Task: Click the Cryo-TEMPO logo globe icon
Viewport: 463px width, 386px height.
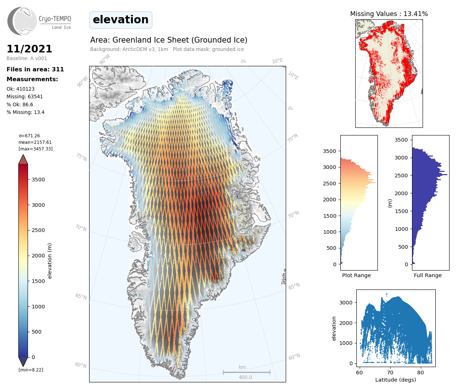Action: pyautogui.click(x=22, y=21)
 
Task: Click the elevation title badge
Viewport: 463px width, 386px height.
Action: pyautogui.click(x=120, y=20)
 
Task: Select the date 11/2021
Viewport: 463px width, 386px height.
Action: pyautogui.click(x=29, y=49)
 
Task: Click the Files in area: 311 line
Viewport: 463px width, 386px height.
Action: pyautogui.click(x=35, y=69)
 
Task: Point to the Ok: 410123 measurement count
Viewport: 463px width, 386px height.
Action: pyautogui.click(x=20, y=89)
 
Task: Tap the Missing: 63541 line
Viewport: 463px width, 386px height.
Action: pyautogui.click(x=25, y=96)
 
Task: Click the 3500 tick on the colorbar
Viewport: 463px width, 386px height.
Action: pyautogui.click(x=38, y=180)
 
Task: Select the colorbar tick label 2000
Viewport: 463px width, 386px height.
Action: pyautogui.click(x=38, y=256)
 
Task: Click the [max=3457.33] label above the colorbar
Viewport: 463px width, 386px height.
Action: pyautogui.click(x=36, y=149)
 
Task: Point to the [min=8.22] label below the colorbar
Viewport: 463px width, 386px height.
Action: pyautogui.click(x=31, y=370)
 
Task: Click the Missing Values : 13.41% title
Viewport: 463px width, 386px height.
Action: pyautogui.click(x=389, y=14)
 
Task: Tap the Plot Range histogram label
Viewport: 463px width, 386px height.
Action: pyautogui.click(x=356, y=275)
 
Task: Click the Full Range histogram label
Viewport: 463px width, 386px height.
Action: pyautogui.click(x=428, y=275)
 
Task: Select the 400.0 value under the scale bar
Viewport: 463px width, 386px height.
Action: pyautogui.click(x=245, y=377)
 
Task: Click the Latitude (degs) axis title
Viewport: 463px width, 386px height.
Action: pyautogui.click(x=396, y=380)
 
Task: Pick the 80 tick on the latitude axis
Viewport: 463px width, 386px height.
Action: pyautogui.click(x=420, y=372)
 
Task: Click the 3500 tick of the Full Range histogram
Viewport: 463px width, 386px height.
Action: pyautogui.click(x=401, y=140)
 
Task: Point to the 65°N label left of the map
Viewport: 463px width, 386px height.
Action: pyautogui.click(x=81, y=296)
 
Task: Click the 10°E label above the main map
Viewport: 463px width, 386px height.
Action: pyautogui.click(x=277, y=61)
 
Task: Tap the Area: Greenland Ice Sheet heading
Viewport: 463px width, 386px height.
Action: pyautogui.click(x=169, y=40)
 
